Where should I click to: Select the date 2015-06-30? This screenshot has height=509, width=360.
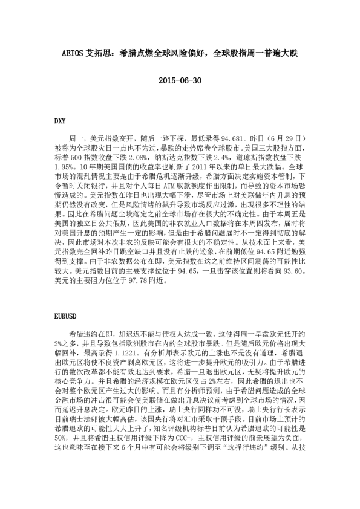180,80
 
